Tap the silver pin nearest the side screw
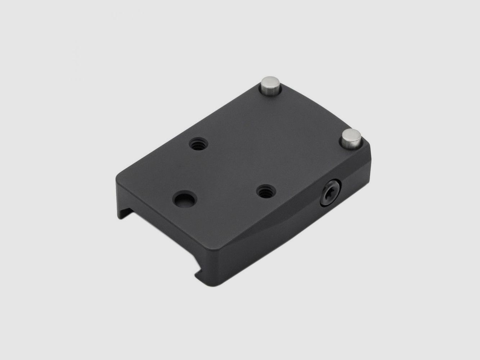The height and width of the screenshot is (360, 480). tap(351, 137)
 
